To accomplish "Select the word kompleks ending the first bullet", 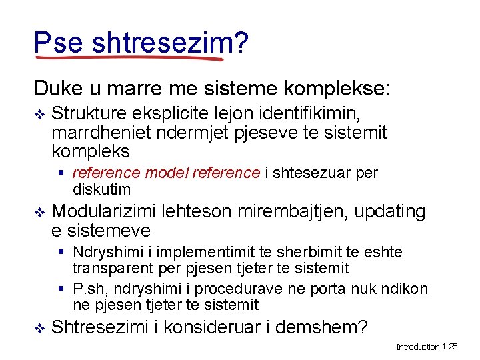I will coord(90,151).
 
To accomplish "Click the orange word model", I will coord(166,173).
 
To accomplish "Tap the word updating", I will coord(389,212).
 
